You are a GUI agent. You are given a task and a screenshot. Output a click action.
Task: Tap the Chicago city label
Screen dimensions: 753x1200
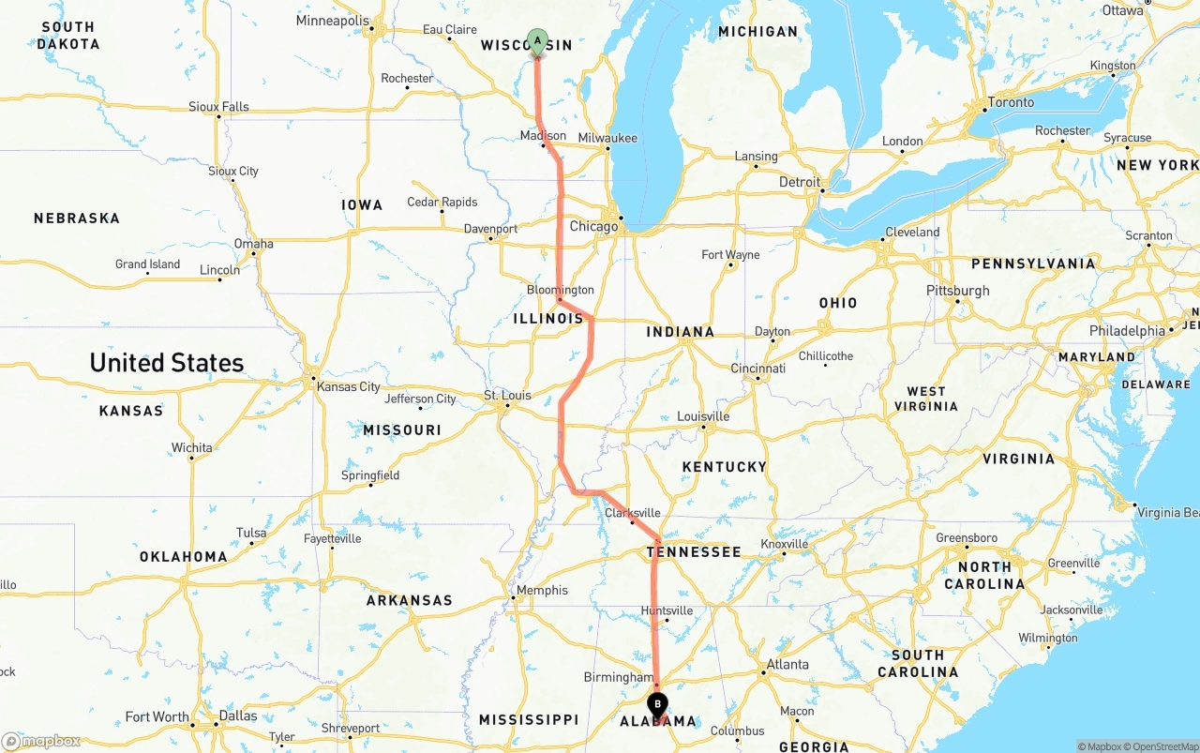(x=593, y=226)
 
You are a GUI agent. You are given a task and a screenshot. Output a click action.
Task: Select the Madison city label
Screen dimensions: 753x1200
(x=544, y=136)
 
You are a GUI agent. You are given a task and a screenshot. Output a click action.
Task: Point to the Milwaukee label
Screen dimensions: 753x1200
(x=607, y=138)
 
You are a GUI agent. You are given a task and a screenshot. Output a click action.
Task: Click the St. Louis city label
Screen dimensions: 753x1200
(x=507, y=395)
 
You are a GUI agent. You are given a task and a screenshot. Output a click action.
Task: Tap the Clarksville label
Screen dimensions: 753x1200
(x=632, y=513)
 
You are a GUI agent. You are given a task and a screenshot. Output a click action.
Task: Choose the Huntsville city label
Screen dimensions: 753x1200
(x=667, y=610)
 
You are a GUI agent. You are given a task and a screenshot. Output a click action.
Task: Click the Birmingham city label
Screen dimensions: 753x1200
(x=618, y=677)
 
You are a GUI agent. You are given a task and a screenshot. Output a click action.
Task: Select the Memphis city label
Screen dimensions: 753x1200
(x=543, y=590)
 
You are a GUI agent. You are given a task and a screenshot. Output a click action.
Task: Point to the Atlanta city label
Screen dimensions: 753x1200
(x=787, y=665)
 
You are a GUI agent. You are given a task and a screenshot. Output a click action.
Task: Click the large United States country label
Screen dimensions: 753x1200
(x=167, y=363)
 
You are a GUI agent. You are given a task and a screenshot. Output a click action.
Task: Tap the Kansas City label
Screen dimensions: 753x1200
(x=349, y=386)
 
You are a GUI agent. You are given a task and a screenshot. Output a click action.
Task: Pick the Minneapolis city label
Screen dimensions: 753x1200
(x=333, y=21)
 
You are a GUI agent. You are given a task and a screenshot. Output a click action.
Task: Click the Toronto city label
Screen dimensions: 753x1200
(x=1011, y=102)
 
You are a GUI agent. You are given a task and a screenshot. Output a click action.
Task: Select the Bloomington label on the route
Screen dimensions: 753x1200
(x=561, y=290)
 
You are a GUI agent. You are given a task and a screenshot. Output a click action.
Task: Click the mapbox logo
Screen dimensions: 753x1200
(x=41, y=742)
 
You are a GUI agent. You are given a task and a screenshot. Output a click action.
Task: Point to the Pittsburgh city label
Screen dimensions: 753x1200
(x=957, y=291)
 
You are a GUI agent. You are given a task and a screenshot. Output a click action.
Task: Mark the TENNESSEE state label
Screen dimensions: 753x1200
(x=694, y=552)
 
